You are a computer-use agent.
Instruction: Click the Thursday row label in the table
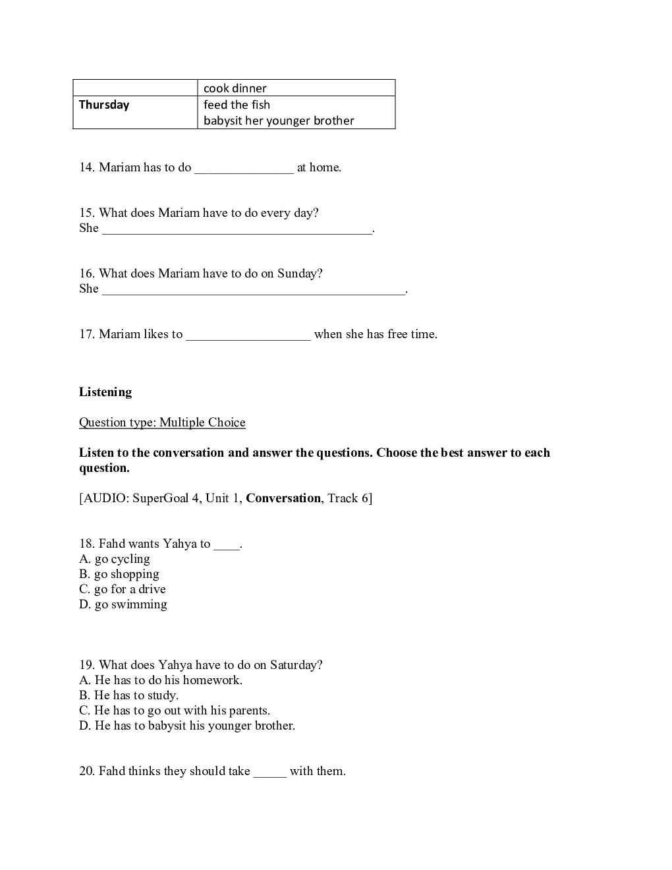pyautogui.click(x=104, y=105)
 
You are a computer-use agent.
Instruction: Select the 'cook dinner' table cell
pyautogui.click(x=235, y=88)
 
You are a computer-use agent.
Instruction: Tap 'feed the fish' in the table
pyautogui.click(x=237, y=105)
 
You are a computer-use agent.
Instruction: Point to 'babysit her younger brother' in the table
pyautogui.click(x=279, y=121)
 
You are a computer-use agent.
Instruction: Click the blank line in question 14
pyautogui.click(x=244, y=169)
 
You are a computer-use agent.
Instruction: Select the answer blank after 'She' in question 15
pyautogui.click(x=237, y=230)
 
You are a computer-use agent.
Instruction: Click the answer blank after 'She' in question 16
pyautogui.click(x=254, y=291)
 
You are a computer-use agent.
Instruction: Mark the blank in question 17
pyautogui.click(x=248, y=336)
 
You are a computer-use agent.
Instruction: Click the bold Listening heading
pyautogui.click(x=105, y=392)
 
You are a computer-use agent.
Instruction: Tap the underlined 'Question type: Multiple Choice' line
pyautogui.click(x=162, y=422)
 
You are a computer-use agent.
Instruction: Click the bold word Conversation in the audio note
pyautogui.click(x=283, y=498)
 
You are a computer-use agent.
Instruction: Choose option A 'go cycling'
pyautogui.click(x=115, y=559)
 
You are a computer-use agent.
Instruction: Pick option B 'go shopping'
pyautogui.click(x=119, y=574)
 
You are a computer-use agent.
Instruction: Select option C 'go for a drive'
pyautogui.click(x=123, y=589)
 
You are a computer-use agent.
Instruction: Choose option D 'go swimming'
pyautogui.click(x=123, y=604)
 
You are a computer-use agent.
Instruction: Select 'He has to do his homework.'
pyautogui.click(x=161, y=680)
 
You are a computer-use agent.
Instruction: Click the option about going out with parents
pyautogui.click(x=175, y=710)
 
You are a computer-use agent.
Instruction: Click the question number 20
pyautogui.click(x=87, y=771)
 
